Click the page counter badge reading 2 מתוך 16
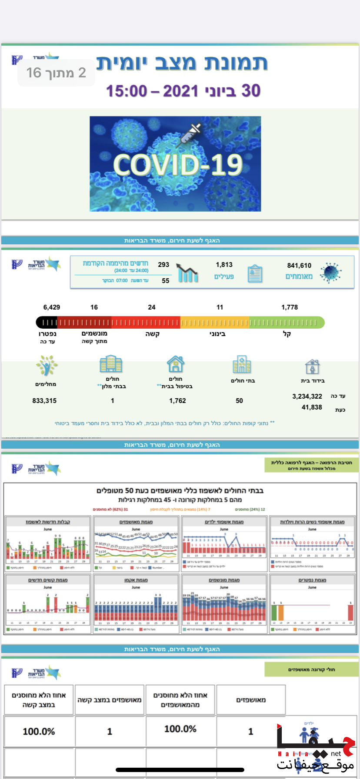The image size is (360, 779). point(56,73)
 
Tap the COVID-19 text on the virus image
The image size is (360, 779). point(178,165)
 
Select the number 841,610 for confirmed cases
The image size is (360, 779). point(299,265)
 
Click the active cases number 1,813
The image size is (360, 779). point(224,264)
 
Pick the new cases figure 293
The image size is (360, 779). point(163,264)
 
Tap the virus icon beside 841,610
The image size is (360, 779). point(330,273)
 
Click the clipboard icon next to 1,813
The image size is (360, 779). point(255,274)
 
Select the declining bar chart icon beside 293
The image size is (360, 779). point(188,273)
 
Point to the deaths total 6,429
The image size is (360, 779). point(52,307)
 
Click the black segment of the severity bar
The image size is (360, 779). point(47,322)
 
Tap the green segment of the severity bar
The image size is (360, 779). point(287,322)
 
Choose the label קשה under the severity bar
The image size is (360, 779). point(152,334)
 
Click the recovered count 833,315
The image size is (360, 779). point(44,400)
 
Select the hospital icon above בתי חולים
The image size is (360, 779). point(242,364)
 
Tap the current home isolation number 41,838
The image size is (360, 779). point(312,407)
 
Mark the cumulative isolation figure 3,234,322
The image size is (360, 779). point(307,396)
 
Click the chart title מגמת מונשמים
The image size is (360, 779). point(224,580)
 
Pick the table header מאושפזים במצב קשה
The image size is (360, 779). point(110,699)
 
